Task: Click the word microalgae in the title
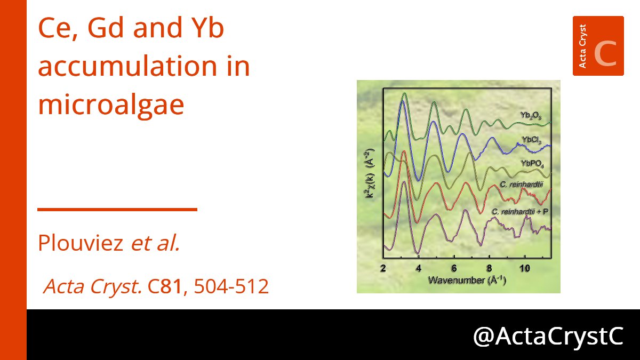(111, 105)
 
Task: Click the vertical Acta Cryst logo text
(582, 46)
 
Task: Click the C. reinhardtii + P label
(520, 212)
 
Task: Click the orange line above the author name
(117, 210)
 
